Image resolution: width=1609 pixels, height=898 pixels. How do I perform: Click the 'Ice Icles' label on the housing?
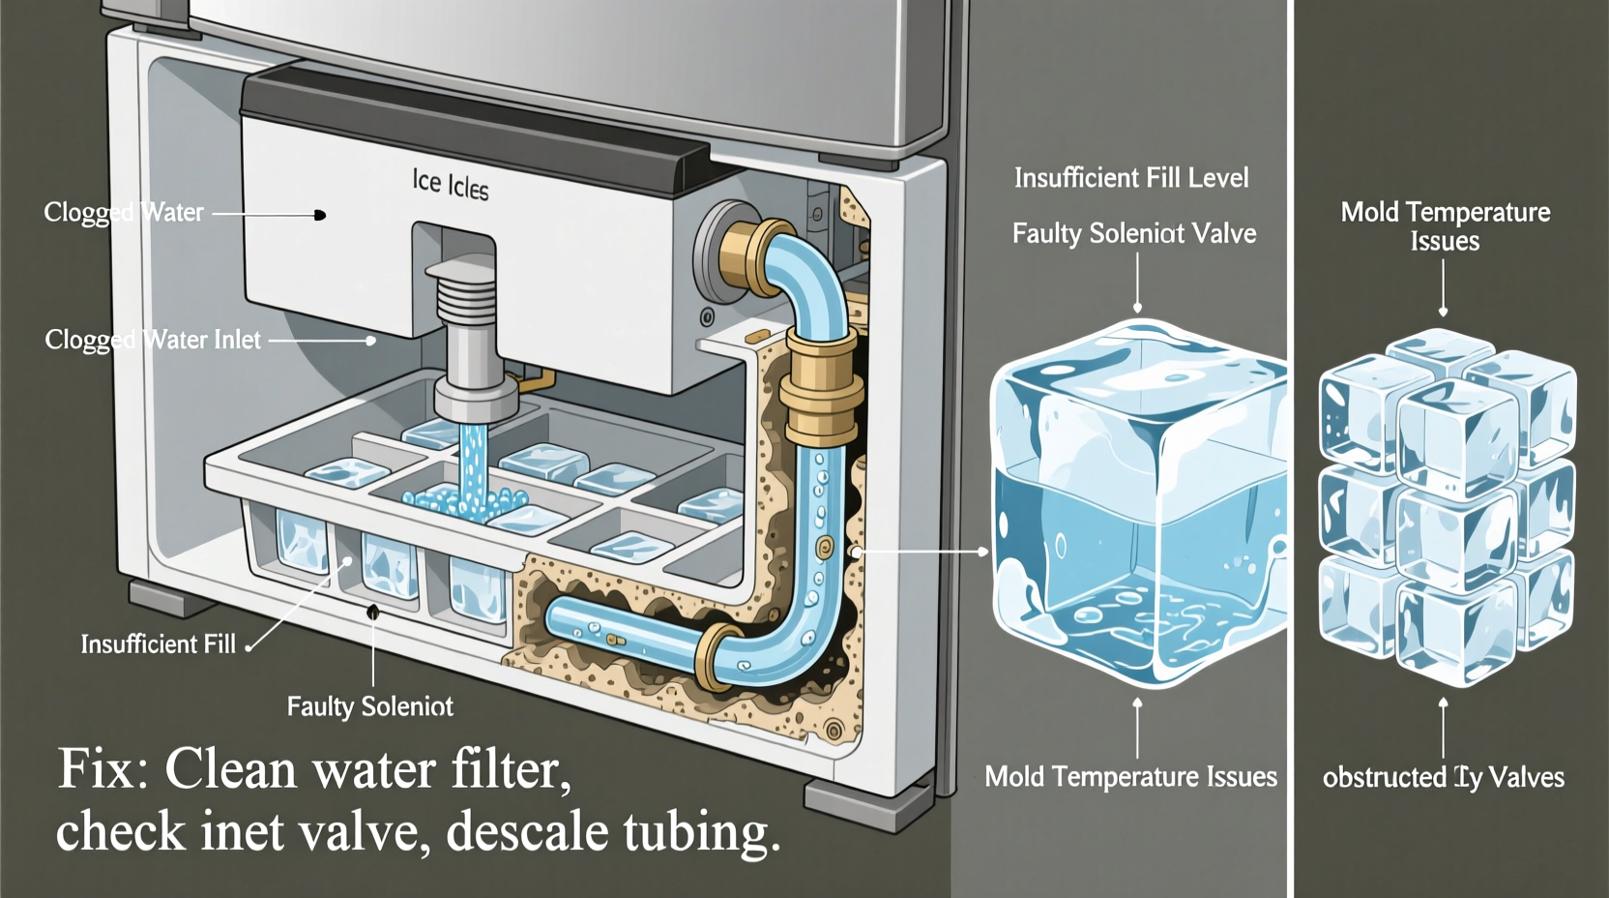coord(451,183)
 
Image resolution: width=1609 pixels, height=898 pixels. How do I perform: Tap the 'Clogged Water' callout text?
coord(124,212)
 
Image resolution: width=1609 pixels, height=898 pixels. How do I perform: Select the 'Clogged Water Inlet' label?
coord(153,340)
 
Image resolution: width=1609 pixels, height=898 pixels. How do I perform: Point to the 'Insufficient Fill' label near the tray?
coord(158,644)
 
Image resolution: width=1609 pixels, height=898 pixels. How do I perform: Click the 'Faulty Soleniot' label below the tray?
coord(369,706)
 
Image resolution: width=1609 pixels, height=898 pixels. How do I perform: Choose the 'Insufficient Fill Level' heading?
coord(1131,178)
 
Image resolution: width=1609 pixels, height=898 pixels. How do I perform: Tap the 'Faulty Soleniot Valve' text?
coord(1134,234)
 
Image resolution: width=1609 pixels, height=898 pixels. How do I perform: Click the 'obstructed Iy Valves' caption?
coord(1443,777)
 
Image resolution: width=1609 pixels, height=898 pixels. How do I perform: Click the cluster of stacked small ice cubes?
coord(1448,503)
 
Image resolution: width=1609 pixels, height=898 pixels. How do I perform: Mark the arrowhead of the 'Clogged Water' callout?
coord(320,215)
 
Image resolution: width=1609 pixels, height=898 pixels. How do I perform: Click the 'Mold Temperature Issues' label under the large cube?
coord(1130,777)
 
